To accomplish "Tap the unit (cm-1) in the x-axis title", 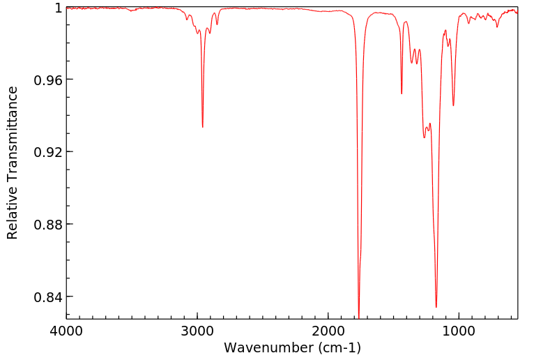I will coord(337,347).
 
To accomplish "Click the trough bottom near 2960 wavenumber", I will coord(203,127).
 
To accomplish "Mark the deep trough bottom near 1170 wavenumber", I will coord(436,307).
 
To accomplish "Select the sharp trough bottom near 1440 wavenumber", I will coord(402,94).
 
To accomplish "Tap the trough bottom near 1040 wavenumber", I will coord(453,106).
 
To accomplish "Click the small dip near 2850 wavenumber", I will coord(217,24).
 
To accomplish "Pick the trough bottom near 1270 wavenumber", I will coord(424,137).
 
